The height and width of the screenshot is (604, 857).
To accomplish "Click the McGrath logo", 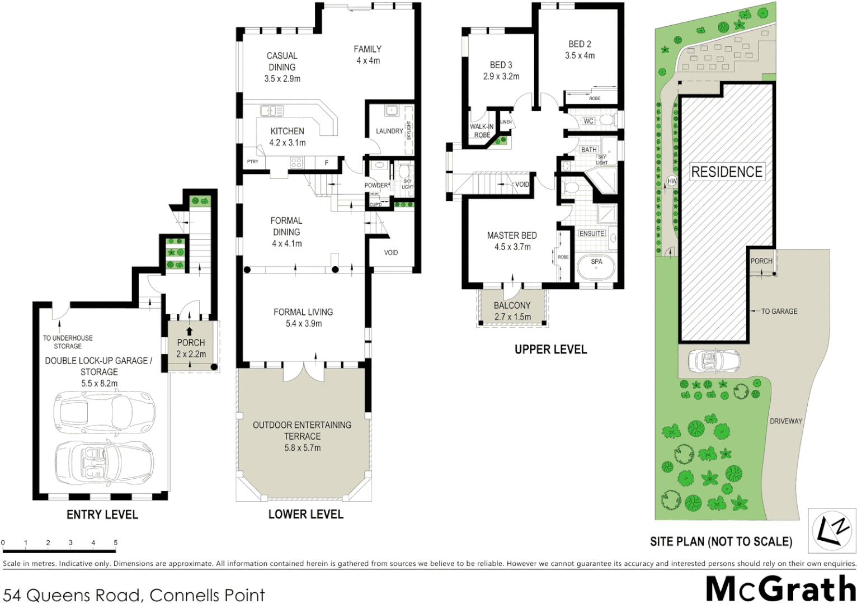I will pyautogui.click(x=780, y=589).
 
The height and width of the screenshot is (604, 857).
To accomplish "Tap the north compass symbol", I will pyautogui.click(x=831, y=530).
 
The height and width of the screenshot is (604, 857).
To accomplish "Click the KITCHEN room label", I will pyautogui.click(x=287, y=131).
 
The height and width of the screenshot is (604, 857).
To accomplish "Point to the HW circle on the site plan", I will pyautogui.click(x=672, y=181).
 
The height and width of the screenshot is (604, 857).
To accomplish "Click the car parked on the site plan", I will pyautogui.click(x=714, y=361).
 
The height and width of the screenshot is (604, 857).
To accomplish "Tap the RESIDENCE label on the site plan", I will pyautogui.click(x=727, y=172).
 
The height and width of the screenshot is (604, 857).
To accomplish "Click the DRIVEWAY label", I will pyautogui.click(x=785, y=421).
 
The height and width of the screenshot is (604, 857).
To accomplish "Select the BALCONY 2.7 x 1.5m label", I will pyautogui.click(x=512, y=311).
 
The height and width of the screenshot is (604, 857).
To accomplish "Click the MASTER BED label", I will pyautogui.click(x=512, y=235).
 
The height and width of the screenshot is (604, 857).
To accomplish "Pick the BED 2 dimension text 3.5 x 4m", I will pyautogui.click(x=580, y=55).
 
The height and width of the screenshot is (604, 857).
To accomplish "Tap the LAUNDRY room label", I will pyautogui.click(x=389, y=131).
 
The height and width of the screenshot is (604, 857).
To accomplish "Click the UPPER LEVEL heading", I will pyautogui.click(x=550, y=350).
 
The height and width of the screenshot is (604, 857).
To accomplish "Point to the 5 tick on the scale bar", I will pyautogui.click(x=116, y=542).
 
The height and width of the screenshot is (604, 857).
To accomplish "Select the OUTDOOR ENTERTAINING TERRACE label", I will pyautogui.click(x=302, y=431).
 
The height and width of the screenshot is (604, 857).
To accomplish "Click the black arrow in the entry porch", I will pyautogui.click(x=189, y=332).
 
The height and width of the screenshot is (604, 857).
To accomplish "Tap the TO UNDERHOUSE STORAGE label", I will pyautogui.click(x=68, y=342).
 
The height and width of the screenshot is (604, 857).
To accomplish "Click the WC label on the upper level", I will pyautogui.click(x=588, y=121).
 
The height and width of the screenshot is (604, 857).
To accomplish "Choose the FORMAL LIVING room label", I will pyautogui.click(x=303, y=312).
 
